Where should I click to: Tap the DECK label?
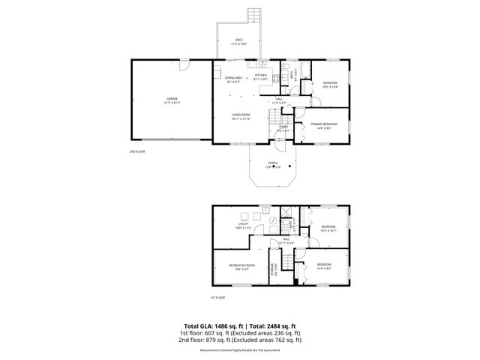(x=239, y=40)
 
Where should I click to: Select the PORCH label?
(x=273, y=163)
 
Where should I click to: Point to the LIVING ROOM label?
(x=241, y=115)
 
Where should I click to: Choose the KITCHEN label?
(x=260, y=76)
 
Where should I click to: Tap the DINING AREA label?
(x=233, y=78)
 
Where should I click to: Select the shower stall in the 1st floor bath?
(x=285, y=212)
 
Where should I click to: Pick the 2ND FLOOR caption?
(x=137, y=152)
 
